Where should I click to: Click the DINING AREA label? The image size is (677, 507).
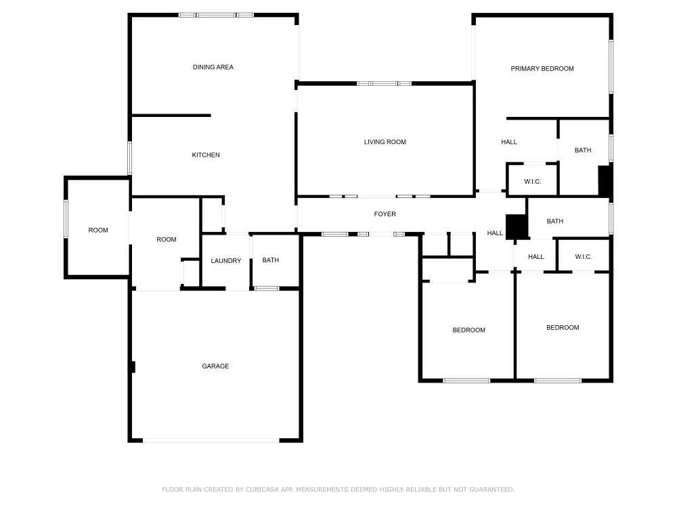pos(213,67)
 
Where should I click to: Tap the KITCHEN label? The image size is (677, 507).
pos(206,155)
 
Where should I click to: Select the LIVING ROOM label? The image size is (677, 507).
pos(385,142)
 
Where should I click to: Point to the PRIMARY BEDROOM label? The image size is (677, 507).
pos(542,68)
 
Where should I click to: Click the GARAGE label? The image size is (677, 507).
pos(215,366)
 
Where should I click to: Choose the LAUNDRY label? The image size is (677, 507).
pos(226,261)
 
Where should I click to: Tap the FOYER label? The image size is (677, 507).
pos(385,214)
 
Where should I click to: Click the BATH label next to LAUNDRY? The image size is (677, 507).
pos(271,260)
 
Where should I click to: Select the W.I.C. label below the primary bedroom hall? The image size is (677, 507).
pos(532,181)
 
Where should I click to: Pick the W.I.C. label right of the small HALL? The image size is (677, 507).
pos(584,256)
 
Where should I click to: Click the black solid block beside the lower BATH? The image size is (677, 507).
pos(517,226)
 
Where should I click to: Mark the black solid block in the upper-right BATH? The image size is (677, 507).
pos(605,181)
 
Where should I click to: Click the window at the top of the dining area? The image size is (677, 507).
pos(216,15)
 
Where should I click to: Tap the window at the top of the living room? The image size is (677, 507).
pos(385,83)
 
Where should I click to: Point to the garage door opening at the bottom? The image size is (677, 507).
pos(211,440)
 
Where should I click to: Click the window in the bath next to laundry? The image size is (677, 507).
pos(266,289)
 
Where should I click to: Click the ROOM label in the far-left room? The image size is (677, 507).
pos(98,231)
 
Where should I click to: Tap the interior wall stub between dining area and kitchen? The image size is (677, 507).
pos(171,116)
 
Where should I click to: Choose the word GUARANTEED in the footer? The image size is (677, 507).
pos(492,489)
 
